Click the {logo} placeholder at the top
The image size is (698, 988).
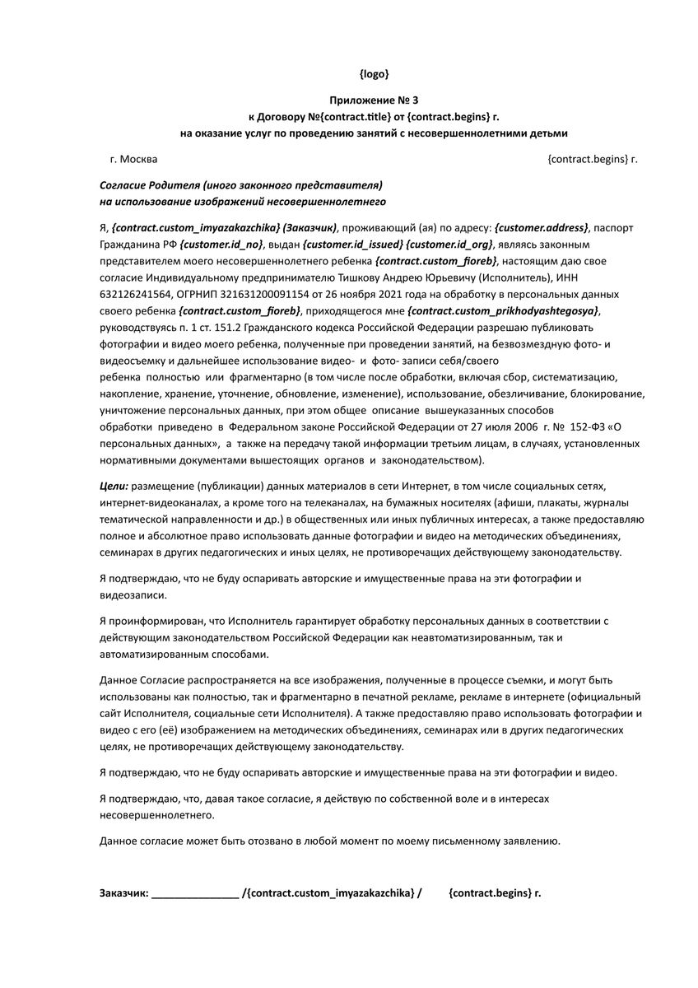[x=375, y=74]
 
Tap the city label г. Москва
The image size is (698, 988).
[x=133, y=158]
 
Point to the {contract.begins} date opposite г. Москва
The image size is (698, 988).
[x=588, y=158]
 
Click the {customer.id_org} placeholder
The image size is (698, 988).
[x=450, y=245]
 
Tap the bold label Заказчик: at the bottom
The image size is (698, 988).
[x=123, y=892]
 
